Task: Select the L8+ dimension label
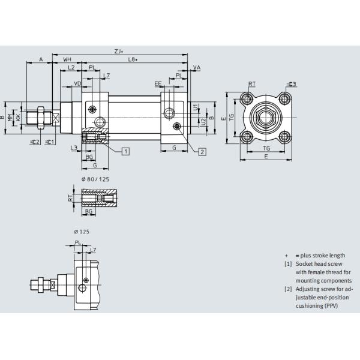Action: point(133,60)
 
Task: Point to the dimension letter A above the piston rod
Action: point(40,60)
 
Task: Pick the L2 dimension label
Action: point(71,68)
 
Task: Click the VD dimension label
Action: point(77,83)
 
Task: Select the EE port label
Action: point(158,83)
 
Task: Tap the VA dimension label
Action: point(197,68)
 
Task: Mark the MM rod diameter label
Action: point(10,117)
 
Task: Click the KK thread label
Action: point(18,117)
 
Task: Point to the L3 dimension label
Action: point(73,147)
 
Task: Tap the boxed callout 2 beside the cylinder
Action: point(203,151)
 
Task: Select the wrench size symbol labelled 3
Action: point(293,84)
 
